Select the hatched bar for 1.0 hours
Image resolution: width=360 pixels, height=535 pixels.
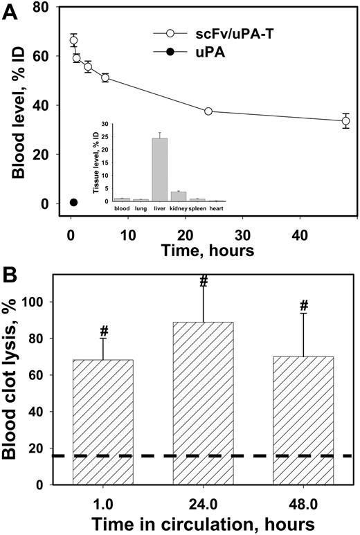(x=102, y=422)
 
